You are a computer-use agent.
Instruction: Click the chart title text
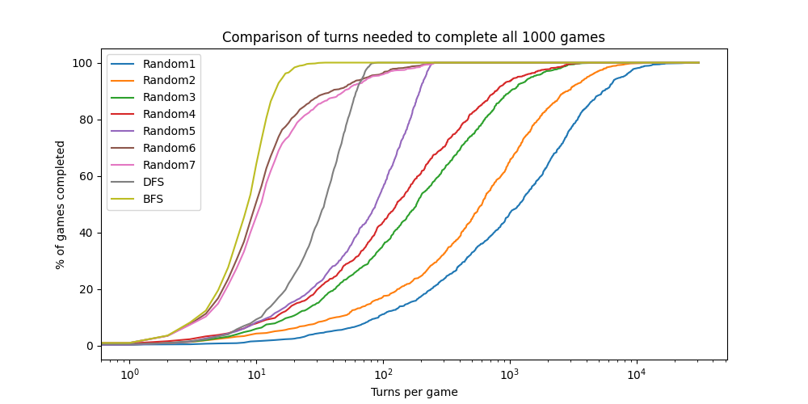pos(413,37)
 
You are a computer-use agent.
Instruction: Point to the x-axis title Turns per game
pos(414,393)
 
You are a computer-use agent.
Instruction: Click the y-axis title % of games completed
pos(61,204)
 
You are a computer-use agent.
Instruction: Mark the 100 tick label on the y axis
pos(82,63)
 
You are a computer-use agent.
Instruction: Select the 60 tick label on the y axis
pos(86,176)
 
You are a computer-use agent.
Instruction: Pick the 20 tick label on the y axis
pos(86,289)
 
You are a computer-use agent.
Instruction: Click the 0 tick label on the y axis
pos(89,346)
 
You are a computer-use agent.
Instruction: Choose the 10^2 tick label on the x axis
pos(382,374)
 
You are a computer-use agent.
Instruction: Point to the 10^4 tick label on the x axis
pos(636,374)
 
